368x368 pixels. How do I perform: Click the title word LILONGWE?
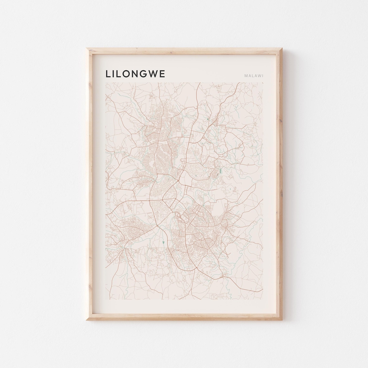pos(135,74)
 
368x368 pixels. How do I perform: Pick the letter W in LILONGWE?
pos(156,74)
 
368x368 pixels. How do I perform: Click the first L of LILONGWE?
pos(108,74)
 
